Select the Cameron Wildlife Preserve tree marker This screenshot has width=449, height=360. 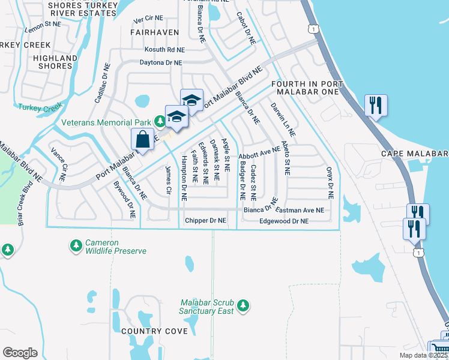click(x=76, y=245)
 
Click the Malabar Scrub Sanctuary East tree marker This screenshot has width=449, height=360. click(x=243, y=306)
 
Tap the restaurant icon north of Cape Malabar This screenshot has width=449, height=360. click(x=376, y=106)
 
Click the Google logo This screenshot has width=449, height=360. click(x=20, y=353)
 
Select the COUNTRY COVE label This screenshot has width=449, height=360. click(x=150, y=331)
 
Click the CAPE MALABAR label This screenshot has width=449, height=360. click(x=415, y=154)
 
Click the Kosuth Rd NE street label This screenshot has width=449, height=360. click(x=164, y=50)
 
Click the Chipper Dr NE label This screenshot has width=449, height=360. click(x=205, y=221)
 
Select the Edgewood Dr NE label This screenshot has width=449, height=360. click(x=283, y=221)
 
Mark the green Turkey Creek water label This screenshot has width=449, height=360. click(x=40, y=107)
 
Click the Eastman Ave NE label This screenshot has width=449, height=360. click(x=300, y=211)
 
